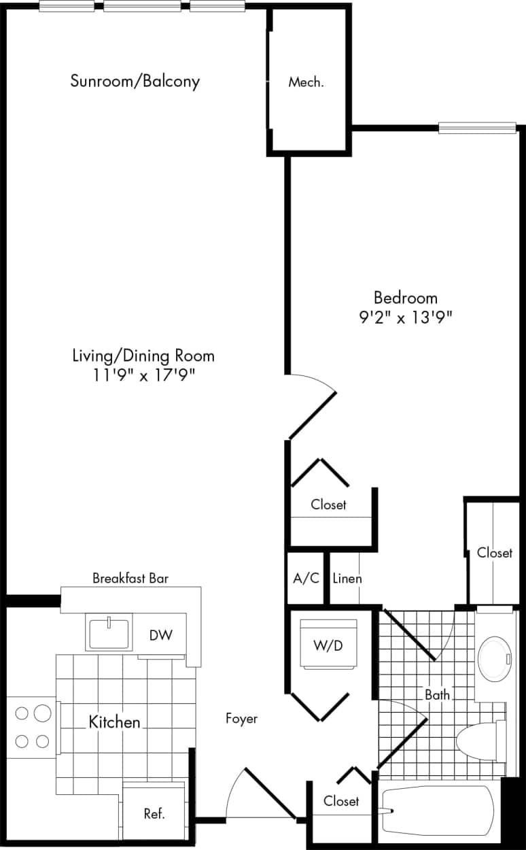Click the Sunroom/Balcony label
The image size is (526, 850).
pyautogui.click(x=135, y=82)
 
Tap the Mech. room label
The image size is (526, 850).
pyautogui.click(x=306, y=83)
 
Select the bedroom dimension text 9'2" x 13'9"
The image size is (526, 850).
pyautogui.click(x=406, y=316)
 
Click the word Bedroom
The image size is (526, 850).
pyautogui.click(x=406, y=297)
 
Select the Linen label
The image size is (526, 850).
pyautogui.click(x=347, y=579)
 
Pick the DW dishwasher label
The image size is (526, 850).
pyautogui.click(x=161, y=635)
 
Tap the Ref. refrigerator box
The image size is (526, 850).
pyautogui.click(x=154, y=813)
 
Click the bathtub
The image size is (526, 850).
pyautogui.click(x=438, y=811)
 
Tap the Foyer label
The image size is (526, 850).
pyautogui.click(x=241, y=718)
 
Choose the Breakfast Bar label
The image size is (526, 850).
pyautogui.click(x=130, y=579)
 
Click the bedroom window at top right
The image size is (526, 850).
pyautogui.click(x=477, y=127)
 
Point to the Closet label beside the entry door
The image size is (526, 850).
pyautogui.click(x=341, y=801)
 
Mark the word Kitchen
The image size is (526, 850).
pyautogui.click(x=114, y=721)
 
